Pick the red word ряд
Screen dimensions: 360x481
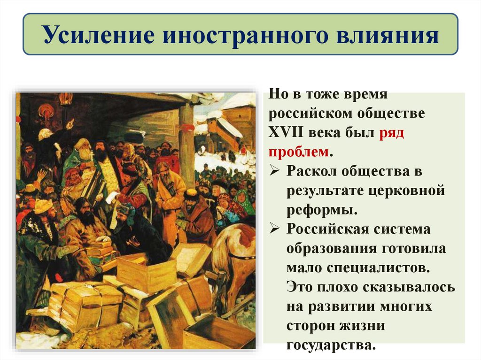tap(390, 132)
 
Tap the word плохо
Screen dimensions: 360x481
tap(332, 287)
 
